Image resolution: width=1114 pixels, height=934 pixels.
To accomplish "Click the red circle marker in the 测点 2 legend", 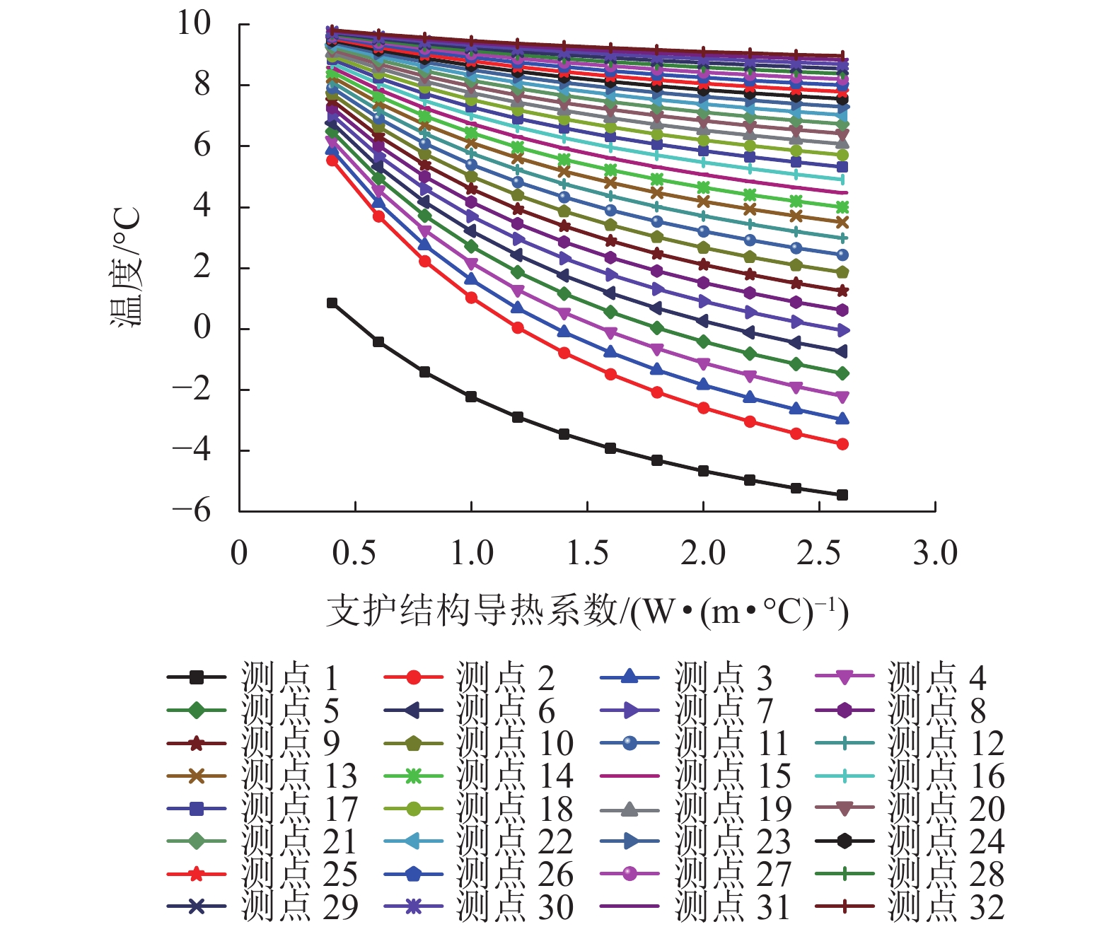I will click(x=414, y=677).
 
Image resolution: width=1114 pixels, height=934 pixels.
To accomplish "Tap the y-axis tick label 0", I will click(x=202, y=328).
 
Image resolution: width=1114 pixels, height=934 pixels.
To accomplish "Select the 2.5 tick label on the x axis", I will click(x=819, y=553).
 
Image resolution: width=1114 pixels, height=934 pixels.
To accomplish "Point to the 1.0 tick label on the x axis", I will click(x=472, y=553).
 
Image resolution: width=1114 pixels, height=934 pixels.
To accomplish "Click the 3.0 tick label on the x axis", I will click(x=935, y=553).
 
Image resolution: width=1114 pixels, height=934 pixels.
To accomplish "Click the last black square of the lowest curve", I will click(x=842, y=495).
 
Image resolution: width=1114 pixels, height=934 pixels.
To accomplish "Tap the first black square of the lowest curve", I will click(x=332, y=303).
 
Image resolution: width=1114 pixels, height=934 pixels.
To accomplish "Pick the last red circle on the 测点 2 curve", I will click(x=842, y=444).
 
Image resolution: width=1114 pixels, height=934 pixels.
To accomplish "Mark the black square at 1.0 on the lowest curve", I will click(x=471, y=397).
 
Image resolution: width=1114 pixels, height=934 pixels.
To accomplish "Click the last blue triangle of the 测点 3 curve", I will click(x=842, y=419).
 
